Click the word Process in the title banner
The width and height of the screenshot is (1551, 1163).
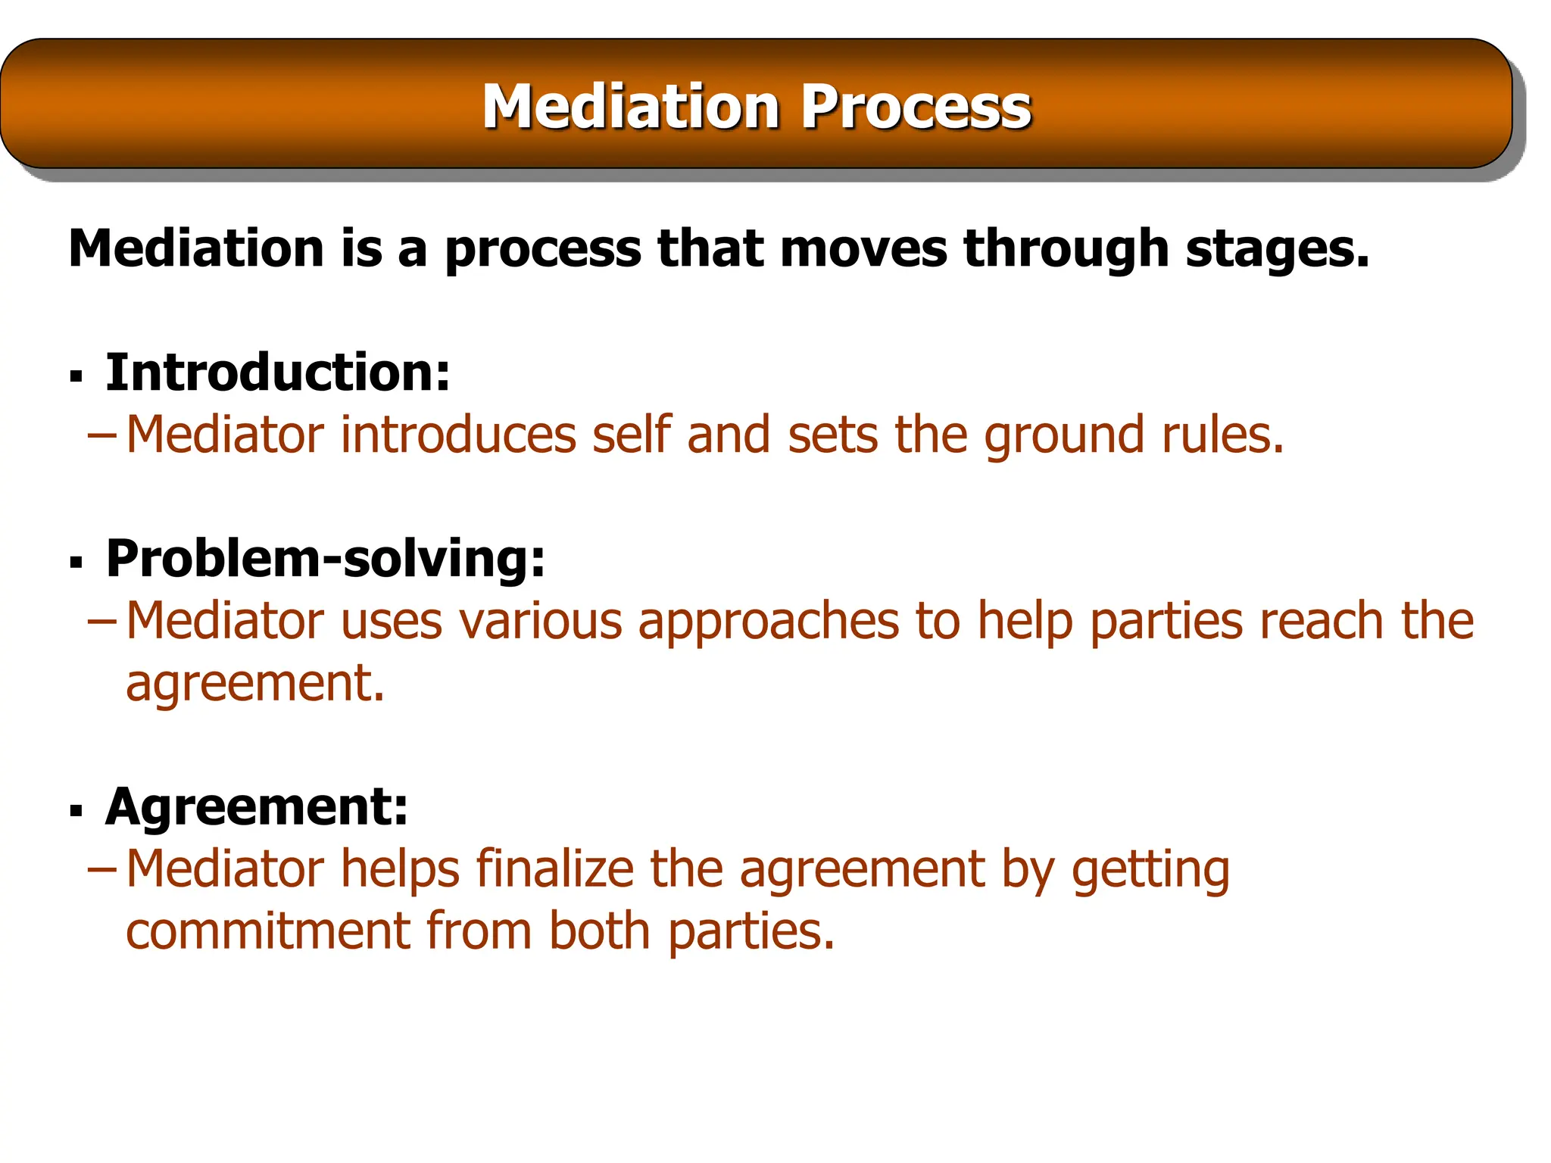pos(916,107)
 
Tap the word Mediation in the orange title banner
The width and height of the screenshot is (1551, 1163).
pos(631,107)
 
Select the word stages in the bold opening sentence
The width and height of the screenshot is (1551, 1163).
pos(1278,249)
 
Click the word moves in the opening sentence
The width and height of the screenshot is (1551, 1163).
pos(863,249)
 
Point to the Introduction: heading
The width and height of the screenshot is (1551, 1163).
pos(278,373)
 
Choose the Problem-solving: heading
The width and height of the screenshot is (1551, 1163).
pos(326,559)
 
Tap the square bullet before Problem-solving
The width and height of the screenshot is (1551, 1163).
pos(76,563)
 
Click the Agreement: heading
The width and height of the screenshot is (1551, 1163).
pos(257,806)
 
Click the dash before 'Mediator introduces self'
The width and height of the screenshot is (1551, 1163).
pos(102,435)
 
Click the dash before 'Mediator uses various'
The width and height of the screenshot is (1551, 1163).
pos(102,622)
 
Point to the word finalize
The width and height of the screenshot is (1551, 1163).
pos(554,868)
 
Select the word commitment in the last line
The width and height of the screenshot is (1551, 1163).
pos(267,931)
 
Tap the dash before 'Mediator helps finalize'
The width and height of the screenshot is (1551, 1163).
pos(102,869)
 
